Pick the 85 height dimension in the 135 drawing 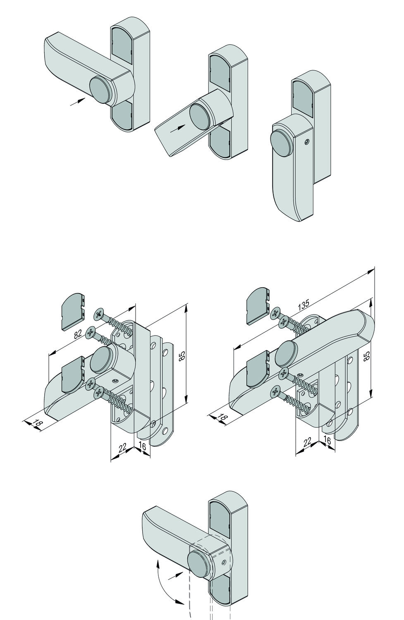pyautogui.click(x=365, y=357)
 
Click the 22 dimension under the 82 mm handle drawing pyautogui.click(x=122, y=448)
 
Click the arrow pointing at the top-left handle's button pyautogui.click(x=77, y=101)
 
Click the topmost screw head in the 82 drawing pyautogui.click(x=100, y=315)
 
